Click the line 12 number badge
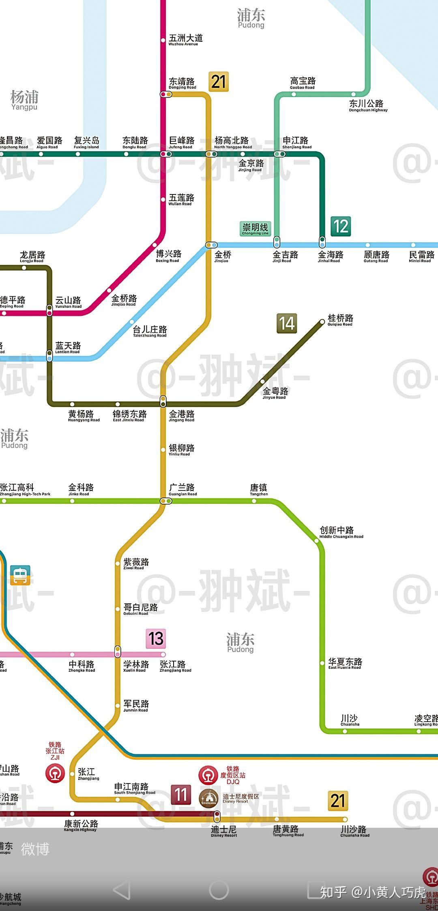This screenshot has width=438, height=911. click(x=341, y=226)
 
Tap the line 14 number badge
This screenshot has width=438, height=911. click(x=287, y=324)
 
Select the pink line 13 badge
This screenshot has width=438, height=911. click(x=156, y=639)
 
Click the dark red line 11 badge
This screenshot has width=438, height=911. click(x=181, y=794)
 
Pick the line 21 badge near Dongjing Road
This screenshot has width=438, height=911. click(x=219, y=81)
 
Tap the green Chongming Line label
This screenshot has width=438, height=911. click(x=255, y=229)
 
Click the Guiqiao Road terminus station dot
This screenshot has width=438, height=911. click(x=322, y=322)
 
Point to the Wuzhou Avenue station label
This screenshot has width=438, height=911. click(x=185, y=39)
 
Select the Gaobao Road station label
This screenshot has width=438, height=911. click(x=303, y=82)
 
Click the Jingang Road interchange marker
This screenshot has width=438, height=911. click(x=163, y=401)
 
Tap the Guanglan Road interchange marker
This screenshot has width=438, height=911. click(x=165, y=501)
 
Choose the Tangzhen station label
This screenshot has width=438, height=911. click(x=259, y=489)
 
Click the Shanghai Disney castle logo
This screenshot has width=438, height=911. click(x=209, y=799)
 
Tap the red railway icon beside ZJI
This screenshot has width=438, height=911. click(x=55, y=773)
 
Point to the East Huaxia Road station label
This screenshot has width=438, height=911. click(x=345, y=663)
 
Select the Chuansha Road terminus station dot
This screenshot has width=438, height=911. click(x=345, y=819)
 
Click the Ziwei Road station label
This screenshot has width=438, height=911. click(x=136, y=563)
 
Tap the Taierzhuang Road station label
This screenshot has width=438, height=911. click(x=150, y=331)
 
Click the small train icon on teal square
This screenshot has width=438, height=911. click(x=20, y=575)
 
